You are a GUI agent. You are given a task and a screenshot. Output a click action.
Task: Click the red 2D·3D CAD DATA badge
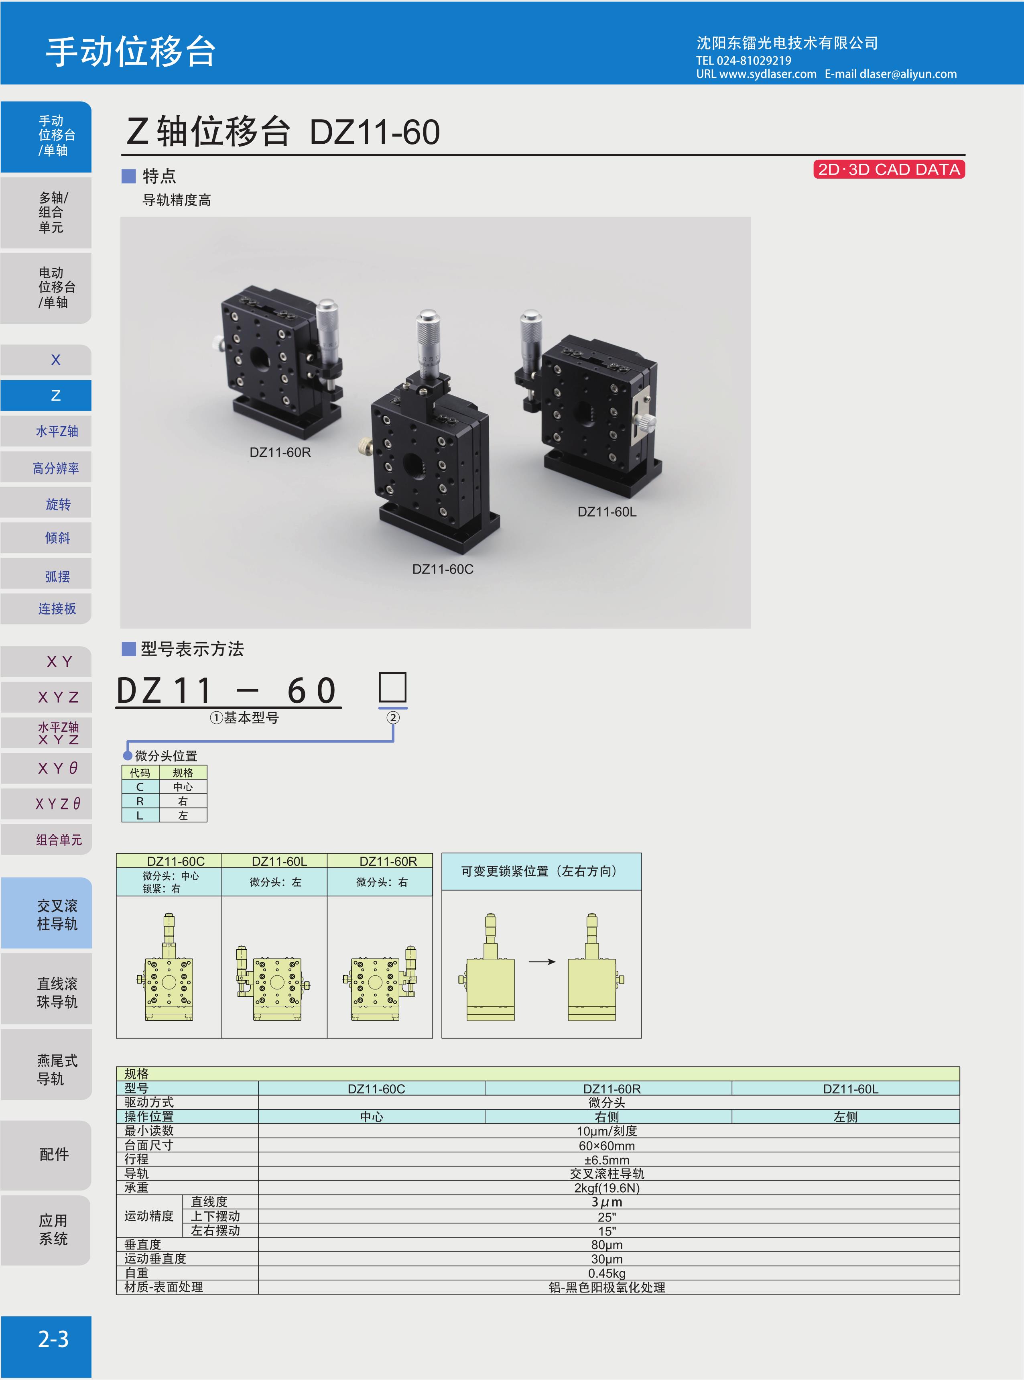pos(889,169)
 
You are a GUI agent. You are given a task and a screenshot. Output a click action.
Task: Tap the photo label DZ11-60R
pos(280,452)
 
